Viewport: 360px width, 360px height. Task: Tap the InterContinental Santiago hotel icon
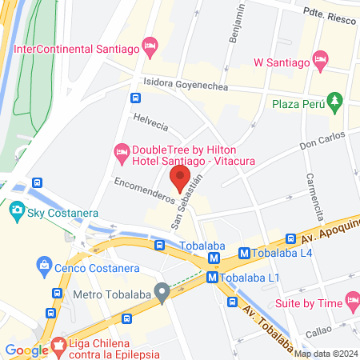[149, 44]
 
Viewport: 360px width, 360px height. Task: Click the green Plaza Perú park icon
[336, 102]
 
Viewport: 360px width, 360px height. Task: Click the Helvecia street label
[150, 126]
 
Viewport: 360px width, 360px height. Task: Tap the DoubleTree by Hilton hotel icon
[122, 150]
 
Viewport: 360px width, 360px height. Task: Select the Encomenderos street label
[145, 193]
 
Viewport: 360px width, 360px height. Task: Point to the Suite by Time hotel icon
[352, 301]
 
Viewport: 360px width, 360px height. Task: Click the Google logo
[27, 350]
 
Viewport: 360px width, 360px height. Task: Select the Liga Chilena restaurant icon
[58, 346]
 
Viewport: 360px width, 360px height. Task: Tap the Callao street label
[318, 330]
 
